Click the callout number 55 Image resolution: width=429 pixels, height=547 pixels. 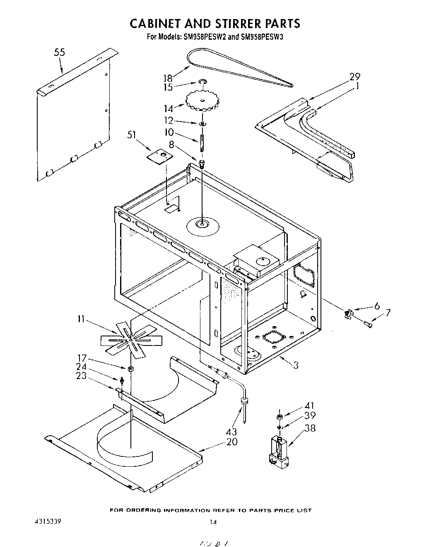[x=60, y=53]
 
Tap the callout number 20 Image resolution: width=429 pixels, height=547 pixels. [x=232, y=441]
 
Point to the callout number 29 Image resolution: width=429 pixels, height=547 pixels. [x=354, y=77]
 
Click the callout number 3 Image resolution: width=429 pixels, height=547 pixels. [x=296, y=365]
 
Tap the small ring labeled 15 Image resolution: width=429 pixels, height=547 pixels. [x=203, y=83]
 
